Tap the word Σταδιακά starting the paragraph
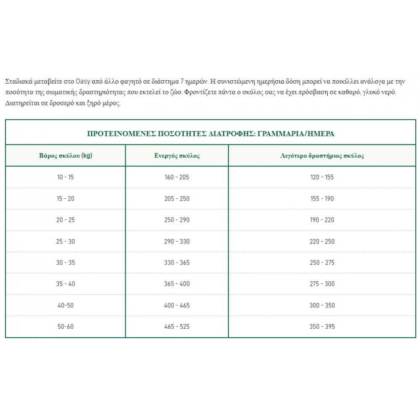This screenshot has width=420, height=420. pyautogui.click(x=18, y=81)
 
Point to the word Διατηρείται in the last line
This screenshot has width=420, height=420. pyautogui.click(x=21, y=103)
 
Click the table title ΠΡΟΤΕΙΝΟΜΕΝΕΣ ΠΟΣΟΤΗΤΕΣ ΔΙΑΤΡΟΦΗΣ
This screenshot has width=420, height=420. pyautogui.click(x=210, y=134)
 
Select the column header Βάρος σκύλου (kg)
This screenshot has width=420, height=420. pyautogui.click(x=66, y=155)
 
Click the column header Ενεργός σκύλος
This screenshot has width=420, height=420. pyautogui.click(x=177, y=155)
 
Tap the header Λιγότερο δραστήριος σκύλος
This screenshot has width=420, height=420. pyautogui.click(x=322, y=155)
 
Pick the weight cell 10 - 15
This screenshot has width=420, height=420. pyautogui.click(x=66, y=177)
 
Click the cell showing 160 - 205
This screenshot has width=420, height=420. pyautogui.click(x=177, y=177)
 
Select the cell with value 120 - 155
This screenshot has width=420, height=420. pyautogui.click(x=322, y=177)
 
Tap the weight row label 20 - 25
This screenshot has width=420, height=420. pyautogui.click(x=66, y=220)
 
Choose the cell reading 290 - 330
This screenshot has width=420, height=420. pyautogui.click(x=177, y=241)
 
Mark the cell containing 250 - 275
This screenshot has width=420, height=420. pyautogui.click(x=322, y=262)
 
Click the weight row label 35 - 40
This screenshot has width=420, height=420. pyautogui.click(x=66, y=284)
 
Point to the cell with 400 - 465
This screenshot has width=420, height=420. pyautogui.click(x=177, y=305)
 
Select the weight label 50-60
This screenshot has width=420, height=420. pyautogui.click(x=66, y=326)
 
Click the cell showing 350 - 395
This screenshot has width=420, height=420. pyautogui.click(x=322, y=326)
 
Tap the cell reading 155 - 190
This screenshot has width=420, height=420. pyautogui.click(x=322, y=199)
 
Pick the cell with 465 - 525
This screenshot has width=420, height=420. pyautogui.click(x=177, y=326)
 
